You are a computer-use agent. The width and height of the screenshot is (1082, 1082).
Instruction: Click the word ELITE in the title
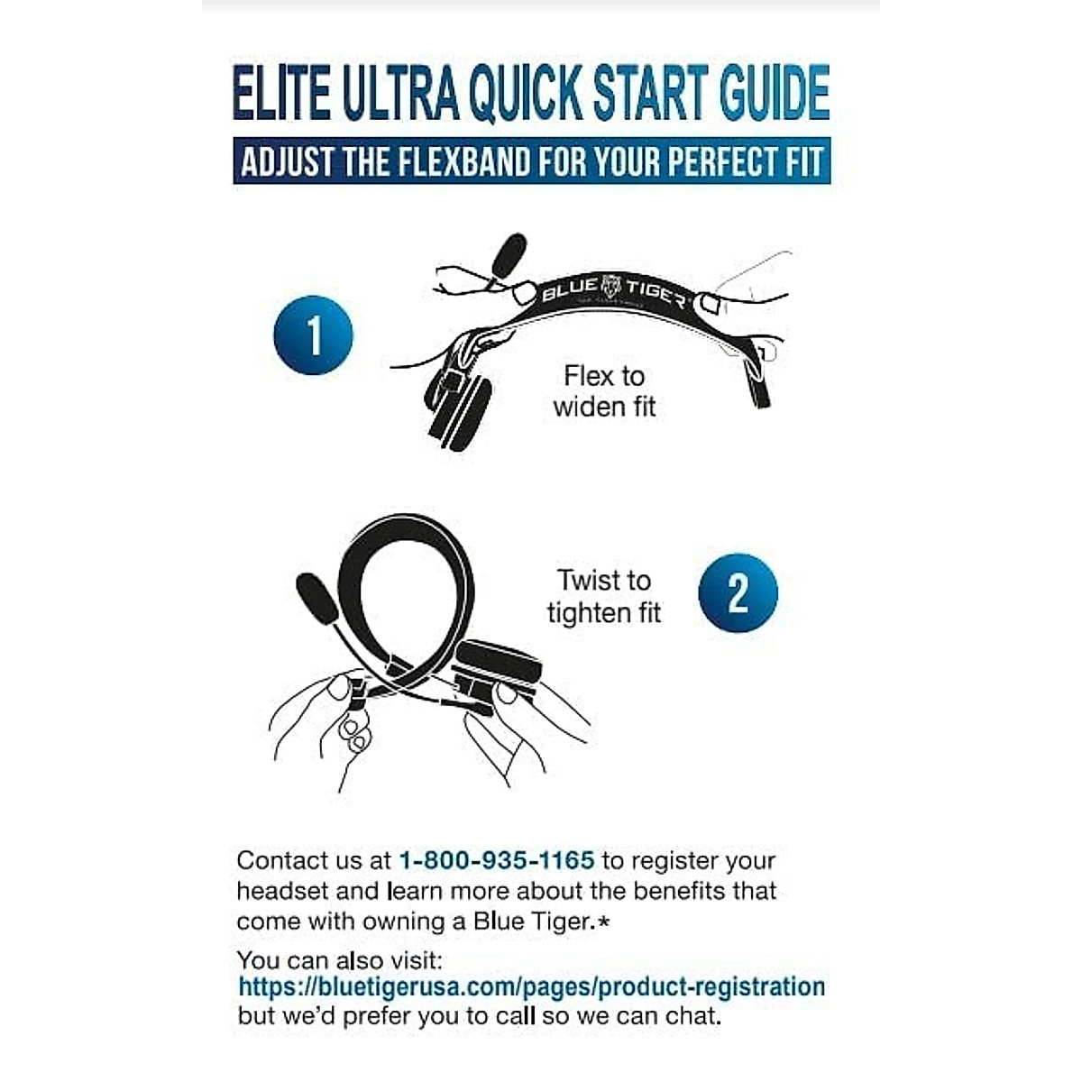281,92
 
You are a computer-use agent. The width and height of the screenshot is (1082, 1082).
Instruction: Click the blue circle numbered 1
313,335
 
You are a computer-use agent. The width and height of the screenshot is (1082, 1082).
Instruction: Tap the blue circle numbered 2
738,592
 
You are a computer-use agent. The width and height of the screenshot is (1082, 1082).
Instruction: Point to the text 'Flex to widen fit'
604,390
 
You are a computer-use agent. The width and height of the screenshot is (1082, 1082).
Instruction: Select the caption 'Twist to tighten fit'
603,596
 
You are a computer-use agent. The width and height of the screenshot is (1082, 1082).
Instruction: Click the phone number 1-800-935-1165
496,860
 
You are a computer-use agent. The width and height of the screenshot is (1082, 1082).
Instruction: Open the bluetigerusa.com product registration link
531,986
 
